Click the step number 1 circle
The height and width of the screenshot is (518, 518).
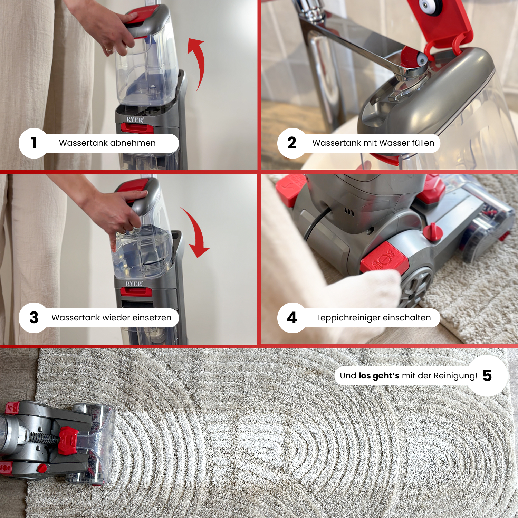(33, 143)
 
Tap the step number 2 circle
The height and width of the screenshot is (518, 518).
(292, 143)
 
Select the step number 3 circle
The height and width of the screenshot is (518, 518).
(33, 318)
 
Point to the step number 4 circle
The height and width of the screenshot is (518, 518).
(292, 318)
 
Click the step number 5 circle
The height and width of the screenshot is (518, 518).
(487, 376)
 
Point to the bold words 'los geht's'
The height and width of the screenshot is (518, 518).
(379, 376)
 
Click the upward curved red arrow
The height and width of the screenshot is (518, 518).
(198, 62)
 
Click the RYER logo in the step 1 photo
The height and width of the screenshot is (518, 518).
(135, 120)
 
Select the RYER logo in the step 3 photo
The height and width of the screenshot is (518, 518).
(134, 284)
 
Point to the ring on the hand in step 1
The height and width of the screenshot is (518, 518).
(109, 49)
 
